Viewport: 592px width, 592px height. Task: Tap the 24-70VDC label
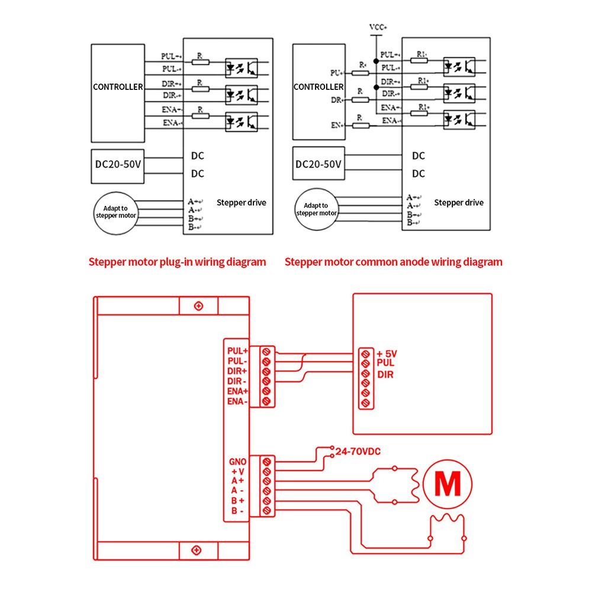click(x=358, y=451)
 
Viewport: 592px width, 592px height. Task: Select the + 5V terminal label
click(x=387, y=354)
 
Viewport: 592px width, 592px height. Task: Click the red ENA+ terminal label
click(x=237, y=391)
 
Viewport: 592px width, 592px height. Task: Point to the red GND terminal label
click(x=237, y=462)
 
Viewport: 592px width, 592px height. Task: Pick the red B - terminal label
click(x=237, y=511)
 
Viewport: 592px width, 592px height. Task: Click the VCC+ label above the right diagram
click(x=378, y=27)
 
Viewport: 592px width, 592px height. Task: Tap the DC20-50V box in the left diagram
click(x=118, y=166)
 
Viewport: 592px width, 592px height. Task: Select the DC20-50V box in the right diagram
click(x=318, y=163)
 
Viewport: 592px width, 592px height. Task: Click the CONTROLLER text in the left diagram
click(x=118, y=87)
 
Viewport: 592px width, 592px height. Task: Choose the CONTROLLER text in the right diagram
click(x=318, y=87)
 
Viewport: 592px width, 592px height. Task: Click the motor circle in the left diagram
click(x=115, y=192)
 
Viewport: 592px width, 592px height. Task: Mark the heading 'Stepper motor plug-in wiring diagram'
click(x=178, y=262)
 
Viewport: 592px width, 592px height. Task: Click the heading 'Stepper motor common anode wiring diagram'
click(x=394, y=262)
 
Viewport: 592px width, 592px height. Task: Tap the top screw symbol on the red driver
click(x=198, y=306)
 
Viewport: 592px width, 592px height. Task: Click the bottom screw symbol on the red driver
click(x=197, y=550)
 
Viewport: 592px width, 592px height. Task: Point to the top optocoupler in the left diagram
click(x=242, y=68)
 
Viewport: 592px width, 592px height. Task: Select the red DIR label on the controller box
click(x=385, y=375)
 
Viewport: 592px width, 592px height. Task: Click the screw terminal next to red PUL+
click(x=266, y=352)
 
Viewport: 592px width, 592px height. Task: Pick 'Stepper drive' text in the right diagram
click(x=459, y=202)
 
